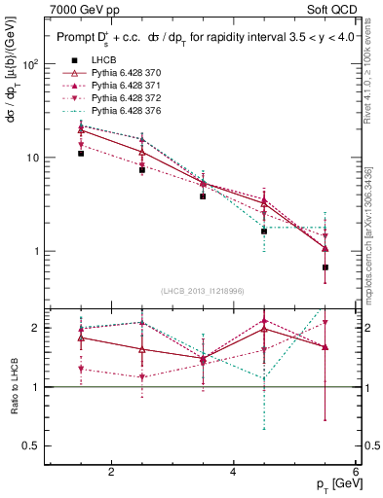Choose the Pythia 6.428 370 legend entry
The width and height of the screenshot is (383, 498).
coord(127,72)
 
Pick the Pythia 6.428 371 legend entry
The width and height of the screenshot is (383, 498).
coord(127,85)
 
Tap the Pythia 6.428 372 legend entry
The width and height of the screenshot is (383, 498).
coord(127,98)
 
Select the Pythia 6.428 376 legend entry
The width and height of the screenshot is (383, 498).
coord(127,111)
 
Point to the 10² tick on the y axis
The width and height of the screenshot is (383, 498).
coord(30,64)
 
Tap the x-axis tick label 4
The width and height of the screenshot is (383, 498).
coord(233,472)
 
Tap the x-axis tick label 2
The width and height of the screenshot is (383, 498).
coord(111,472)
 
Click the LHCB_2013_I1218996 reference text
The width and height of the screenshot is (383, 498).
coord(201,291)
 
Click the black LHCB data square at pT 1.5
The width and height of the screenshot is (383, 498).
coord(81,154)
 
